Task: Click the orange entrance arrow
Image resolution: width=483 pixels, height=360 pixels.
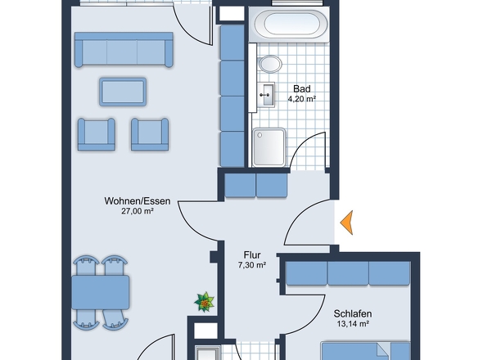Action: tap(347, 223)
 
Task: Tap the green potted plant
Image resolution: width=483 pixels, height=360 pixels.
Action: tap(204, 302)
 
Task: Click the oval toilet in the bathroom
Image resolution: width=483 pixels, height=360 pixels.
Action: tap(270, 64)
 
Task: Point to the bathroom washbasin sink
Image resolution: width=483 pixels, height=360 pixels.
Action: tap(265, 95)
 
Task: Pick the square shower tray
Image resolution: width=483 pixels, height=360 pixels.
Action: tap(269, 147)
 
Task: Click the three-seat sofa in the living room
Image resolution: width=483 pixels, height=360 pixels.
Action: tap(124, 50)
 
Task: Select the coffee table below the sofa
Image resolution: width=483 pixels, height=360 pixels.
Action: tap(123, 92)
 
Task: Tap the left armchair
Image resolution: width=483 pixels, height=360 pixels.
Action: tap(97, 134)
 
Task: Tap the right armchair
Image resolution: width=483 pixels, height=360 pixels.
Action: tap(150, 134)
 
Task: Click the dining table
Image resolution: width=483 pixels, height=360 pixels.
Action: tap(101, 292)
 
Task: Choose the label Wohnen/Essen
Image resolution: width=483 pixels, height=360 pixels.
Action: tap(138, 201)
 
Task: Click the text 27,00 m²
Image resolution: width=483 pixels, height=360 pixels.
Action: tap(138, 211)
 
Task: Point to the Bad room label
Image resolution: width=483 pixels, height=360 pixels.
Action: tap(302, 89)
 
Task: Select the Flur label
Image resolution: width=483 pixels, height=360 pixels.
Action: tap(252, 255)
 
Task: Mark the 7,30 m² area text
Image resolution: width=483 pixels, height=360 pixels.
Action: tap(252, 265)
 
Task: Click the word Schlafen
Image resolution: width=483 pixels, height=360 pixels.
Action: tap(353, 314)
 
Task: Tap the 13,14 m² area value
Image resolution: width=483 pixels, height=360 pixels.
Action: tap(353, 324)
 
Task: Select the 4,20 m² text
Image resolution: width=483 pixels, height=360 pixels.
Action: tap(302, 99)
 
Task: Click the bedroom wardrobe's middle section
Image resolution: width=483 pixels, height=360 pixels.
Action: tap(348, 273)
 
